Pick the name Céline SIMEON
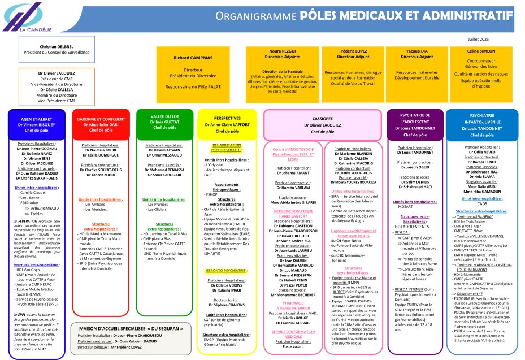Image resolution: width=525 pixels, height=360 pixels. (481, 51)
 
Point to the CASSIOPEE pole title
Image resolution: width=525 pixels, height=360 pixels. (323, 120)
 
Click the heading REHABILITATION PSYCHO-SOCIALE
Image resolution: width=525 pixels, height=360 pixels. (227, 148)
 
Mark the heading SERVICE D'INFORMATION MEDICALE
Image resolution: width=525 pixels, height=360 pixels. (293, 334)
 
